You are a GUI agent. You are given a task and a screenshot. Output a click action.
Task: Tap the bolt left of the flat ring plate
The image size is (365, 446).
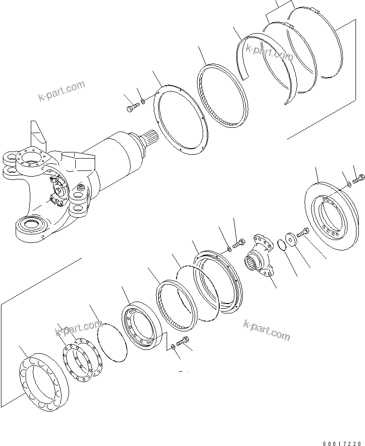[x=131, y=108]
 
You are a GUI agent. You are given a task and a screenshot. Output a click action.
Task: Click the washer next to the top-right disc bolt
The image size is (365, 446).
[x=348, y=184]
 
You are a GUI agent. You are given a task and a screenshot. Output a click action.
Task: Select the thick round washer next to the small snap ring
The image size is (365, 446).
[x=290, y=239]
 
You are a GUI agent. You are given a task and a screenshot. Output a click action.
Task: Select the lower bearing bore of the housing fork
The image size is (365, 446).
[x=31, y=223]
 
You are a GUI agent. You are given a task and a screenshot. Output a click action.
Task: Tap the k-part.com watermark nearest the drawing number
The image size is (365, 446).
[x=266, y=330]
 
